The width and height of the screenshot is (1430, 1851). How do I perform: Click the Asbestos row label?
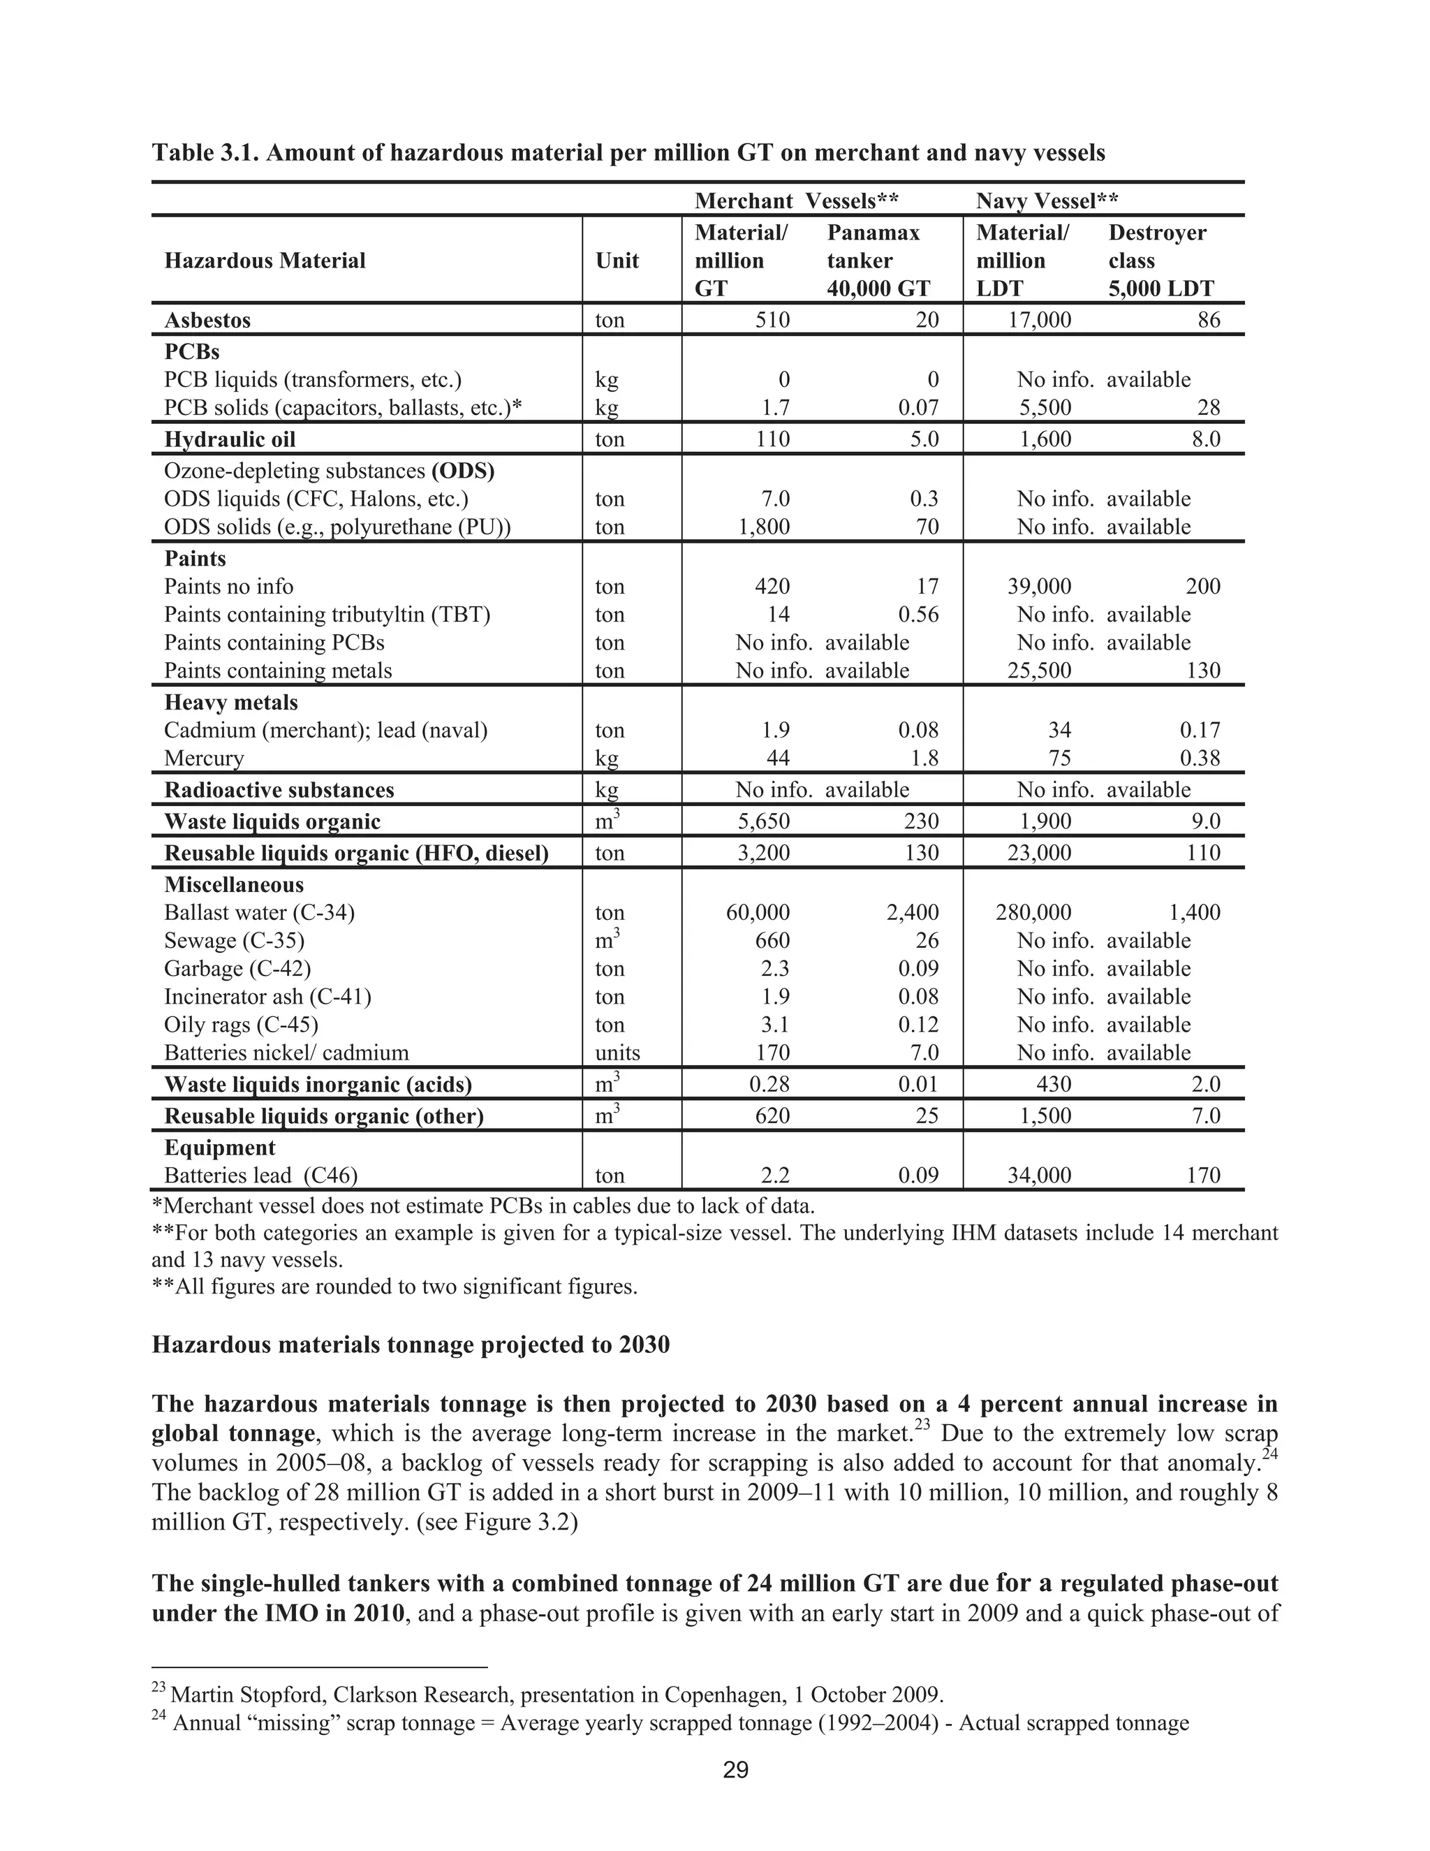pyautogui.click(x=207, y=321)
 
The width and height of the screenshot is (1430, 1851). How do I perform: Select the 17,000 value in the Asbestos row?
pyautogui.click(x=1038, y=321)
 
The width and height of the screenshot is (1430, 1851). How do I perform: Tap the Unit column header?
pyautogui.click(x=617, y=261)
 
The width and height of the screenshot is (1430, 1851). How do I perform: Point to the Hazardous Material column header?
pyautogui.click(x=265, y=261)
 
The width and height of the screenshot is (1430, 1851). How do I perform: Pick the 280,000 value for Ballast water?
pyautogui.click(x=1033, y=913)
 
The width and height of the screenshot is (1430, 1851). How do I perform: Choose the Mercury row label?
pyautogui.click(x=203, y=758)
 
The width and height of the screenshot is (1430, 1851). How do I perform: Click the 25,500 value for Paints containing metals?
pyautogui.click(x=1038, y=671)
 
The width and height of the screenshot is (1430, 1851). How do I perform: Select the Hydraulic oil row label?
pyautogui.click(x=230, y=439)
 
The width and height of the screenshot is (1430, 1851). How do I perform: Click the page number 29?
pyautogui.click(x=735, y=1770)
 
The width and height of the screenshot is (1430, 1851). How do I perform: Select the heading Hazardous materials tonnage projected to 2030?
pyautogui.click(x=410, y=1345)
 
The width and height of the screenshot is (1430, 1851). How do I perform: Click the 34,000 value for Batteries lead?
pyautogui.click(x=1038, y=1176)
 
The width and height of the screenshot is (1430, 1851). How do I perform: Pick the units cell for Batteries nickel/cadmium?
pyautogui.click(x=617, y=1053)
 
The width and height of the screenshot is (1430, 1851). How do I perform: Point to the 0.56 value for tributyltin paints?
pyautogui.click(x=918, y=615)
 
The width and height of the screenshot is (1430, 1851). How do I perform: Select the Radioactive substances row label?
pyautogui.click(x=279, y=790)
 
